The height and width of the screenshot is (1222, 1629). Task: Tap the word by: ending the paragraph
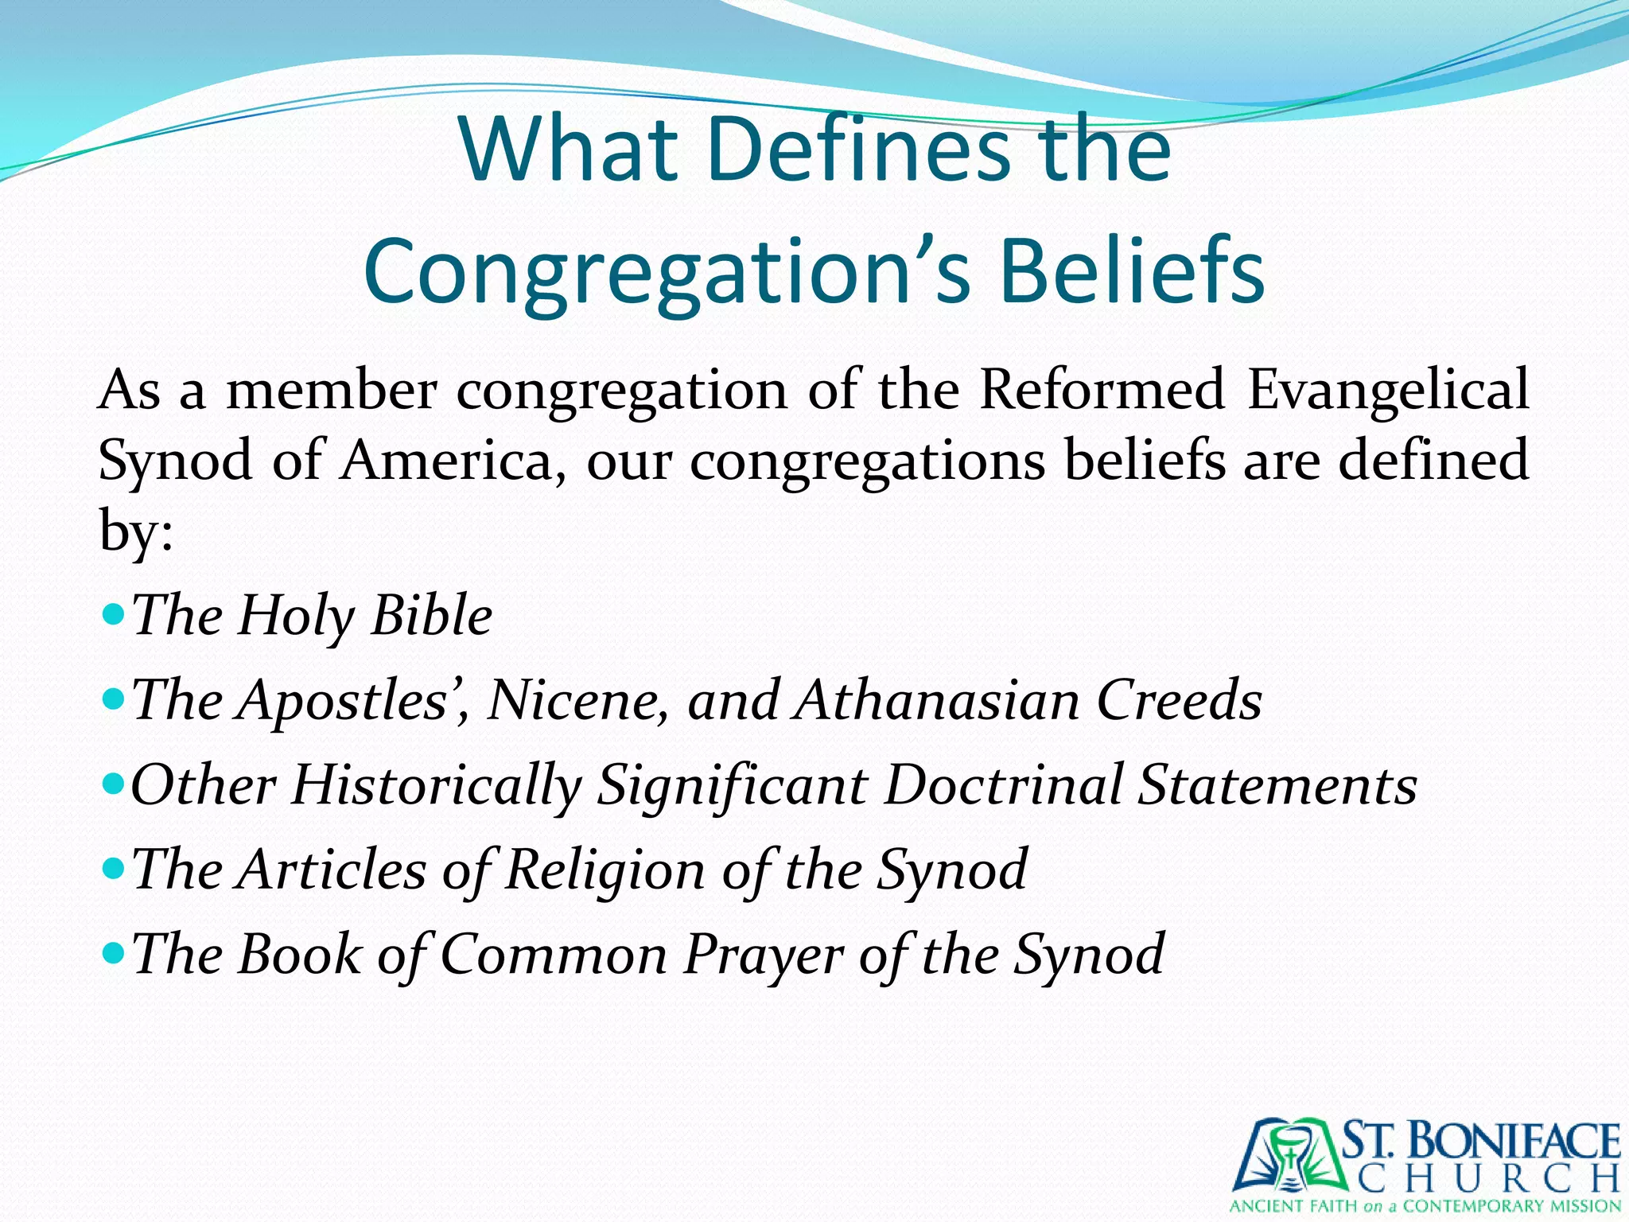coord(135,531)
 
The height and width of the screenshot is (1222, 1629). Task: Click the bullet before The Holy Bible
coord(114,614)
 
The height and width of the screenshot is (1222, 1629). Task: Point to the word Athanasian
coord(937,700)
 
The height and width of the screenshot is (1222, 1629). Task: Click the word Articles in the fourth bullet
coord(332,869)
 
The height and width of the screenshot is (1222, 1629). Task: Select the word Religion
coord(605,870)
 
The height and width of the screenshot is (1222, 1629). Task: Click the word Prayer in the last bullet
coord(762,954)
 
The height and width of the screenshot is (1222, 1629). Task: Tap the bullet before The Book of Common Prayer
coord(114,953)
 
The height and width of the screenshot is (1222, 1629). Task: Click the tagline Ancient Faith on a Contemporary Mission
coord(1425,1206)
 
